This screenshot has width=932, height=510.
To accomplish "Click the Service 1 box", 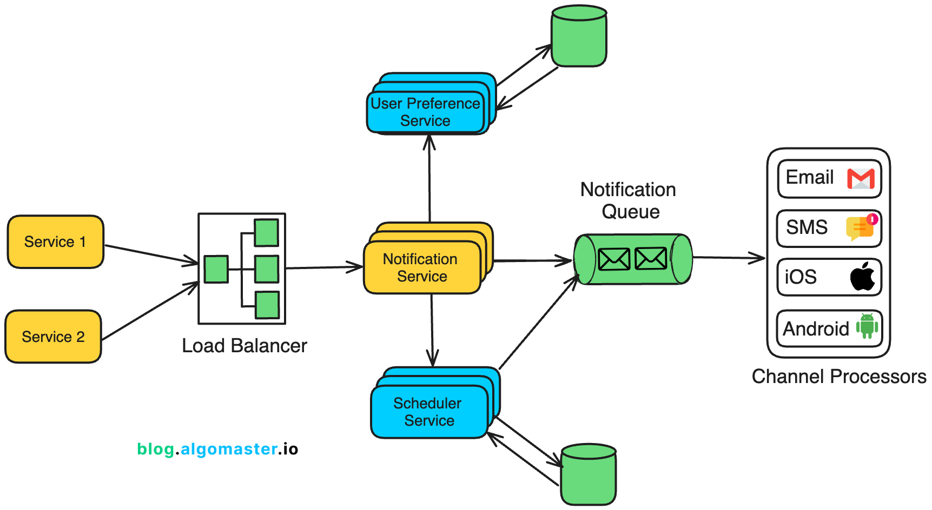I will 55,241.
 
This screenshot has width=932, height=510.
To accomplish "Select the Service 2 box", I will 53,336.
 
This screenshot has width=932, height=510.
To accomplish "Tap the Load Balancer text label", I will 244,346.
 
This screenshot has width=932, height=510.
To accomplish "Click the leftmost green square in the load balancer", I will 216,269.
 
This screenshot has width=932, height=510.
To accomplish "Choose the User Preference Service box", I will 425,112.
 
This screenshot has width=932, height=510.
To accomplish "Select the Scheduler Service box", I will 428,412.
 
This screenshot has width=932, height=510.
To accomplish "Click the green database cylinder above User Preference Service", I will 579,37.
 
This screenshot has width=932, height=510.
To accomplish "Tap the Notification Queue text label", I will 629,200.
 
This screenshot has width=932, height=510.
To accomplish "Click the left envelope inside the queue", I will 613,259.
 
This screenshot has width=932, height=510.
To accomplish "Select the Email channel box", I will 829,178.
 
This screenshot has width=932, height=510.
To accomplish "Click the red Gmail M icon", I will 861,179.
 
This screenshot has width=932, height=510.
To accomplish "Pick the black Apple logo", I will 863,277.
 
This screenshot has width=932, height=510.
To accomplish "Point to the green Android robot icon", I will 867,326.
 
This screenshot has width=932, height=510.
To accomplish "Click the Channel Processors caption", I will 838,377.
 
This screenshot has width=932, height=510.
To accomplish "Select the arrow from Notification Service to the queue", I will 533,261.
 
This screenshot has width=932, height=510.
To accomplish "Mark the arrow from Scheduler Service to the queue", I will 538,323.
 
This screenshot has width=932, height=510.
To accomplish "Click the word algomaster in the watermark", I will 229,449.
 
